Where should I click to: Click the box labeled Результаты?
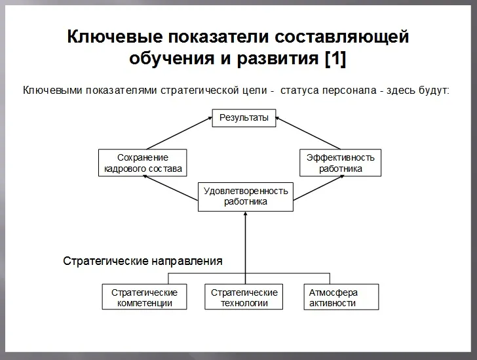[244, 118]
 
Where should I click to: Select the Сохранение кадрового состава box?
[143, 163]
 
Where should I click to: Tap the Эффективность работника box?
[341, 163]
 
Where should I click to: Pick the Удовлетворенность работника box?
[246, 197]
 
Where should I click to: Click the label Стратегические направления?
[142, 261]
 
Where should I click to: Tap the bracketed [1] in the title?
[335, 58]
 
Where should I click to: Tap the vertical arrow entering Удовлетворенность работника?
[246, 243]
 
